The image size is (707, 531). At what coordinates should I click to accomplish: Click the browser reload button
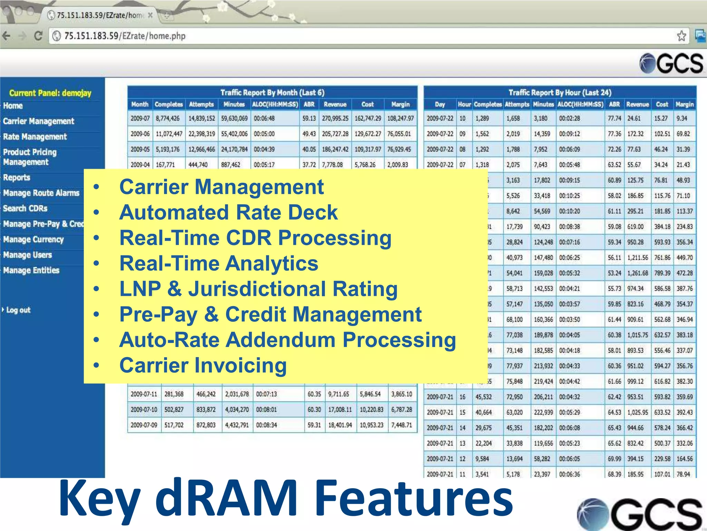(x=38, y=36)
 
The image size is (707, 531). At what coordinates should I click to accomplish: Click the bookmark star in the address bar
(x=681, y=36)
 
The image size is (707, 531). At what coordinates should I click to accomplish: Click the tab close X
(x=150, y=15)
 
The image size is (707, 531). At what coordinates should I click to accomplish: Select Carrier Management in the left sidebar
(x=38, y=121)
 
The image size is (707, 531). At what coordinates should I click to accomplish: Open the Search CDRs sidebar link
(x=25, y=208)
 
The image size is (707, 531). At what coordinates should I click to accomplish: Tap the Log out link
(x=18, y=310)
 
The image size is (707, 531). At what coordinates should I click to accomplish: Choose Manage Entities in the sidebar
(x=31, y=270)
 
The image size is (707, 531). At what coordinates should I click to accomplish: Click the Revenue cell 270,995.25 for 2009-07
(x=335, y=118)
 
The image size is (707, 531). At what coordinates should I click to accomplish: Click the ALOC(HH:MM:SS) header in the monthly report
(x=275, y=104)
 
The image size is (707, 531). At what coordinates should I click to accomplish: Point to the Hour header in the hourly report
(x=464, y=104)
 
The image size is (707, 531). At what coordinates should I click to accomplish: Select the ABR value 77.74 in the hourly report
(x=614, y=118)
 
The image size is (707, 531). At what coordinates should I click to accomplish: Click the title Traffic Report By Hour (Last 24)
(x=560, y=93)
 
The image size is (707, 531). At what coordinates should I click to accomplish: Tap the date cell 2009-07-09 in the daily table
(x=144, y=425)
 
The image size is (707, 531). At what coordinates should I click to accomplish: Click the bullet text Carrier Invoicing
(x=203, y=365)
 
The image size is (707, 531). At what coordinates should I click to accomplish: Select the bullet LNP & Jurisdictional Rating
(x=258, y=289)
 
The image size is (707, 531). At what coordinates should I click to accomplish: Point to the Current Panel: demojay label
(x=50, y=93)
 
